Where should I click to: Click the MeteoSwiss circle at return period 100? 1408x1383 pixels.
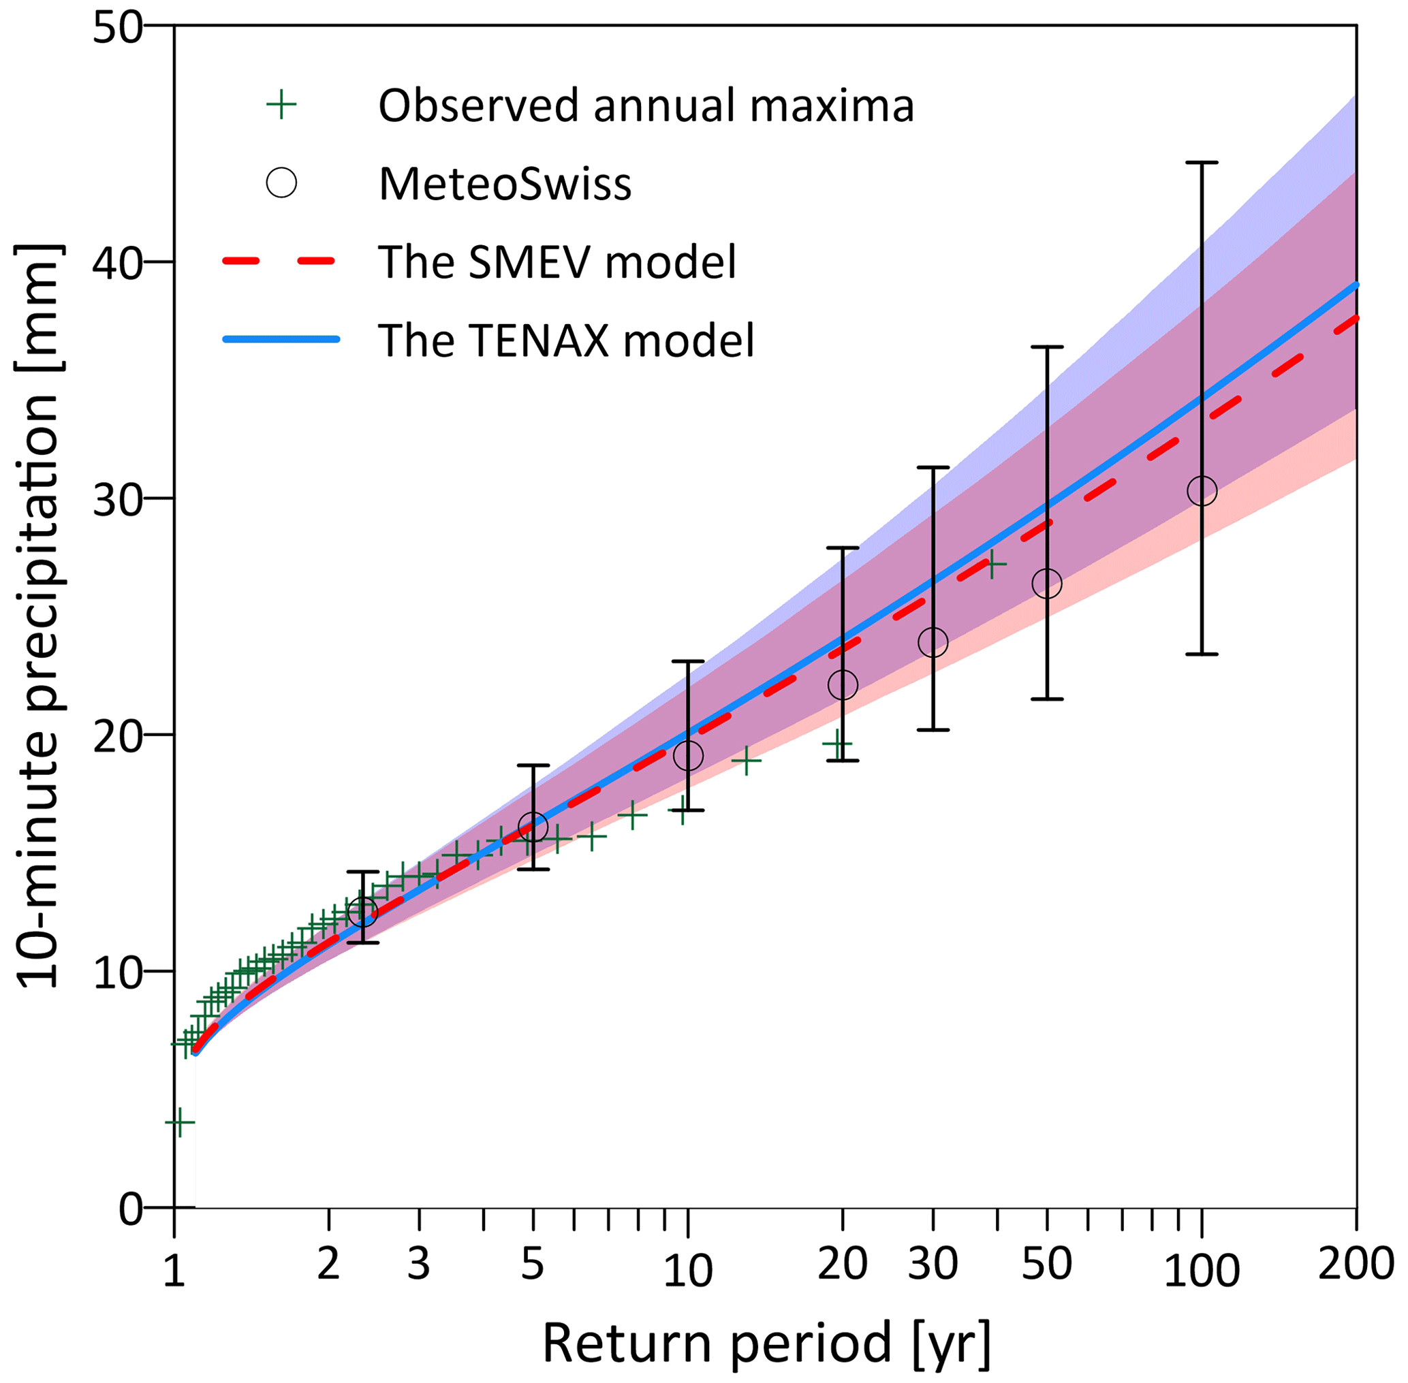[x=1202, y=491]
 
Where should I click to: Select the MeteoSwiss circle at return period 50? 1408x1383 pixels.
[x=1047, y=584]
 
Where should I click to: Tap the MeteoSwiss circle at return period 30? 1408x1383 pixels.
[x=933, y=642]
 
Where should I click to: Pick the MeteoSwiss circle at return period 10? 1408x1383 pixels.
[x=688, y=755]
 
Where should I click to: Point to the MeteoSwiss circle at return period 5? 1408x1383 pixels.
[x=533, y=827]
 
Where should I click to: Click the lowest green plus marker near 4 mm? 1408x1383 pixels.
[x=179, y=1122]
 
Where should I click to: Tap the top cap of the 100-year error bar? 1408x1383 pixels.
[x=1202, y=163]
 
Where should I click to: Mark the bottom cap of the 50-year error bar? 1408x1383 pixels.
[x=1047, y=699]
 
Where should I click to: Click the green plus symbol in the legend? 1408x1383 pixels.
[x=281, y=106]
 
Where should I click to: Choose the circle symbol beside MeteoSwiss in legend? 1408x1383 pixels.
[x=281, y=182]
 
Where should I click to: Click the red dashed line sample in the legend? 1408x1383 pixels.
[x=280, y=261]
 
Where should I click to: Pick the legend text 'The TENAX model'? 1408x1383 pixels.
[x=566, y=340]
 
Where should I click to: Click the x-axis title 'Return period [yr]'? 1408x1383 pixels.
[x=766, y=1342]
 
